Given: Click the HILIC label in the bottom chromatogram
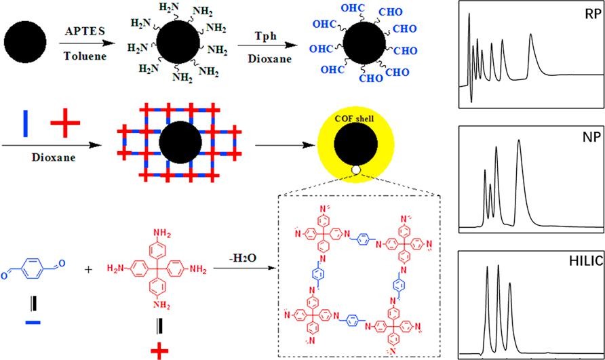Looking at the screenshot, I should click(x=577, y=260).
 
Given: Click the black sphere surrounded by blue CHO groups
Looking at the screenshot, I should click(x=365, y=49).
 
